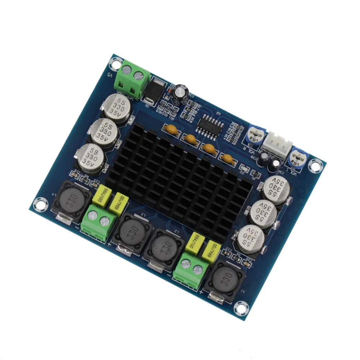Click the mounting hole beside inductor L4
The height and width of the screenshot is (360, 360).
[39, 204]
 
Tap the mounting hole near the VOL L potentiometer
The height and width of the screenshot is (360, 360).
[315, 166]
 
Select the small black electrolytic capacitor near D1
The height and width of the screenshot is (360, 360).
[179, 92]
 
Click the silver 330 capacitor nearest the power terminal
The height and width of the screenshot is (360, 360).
[115, 105]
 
